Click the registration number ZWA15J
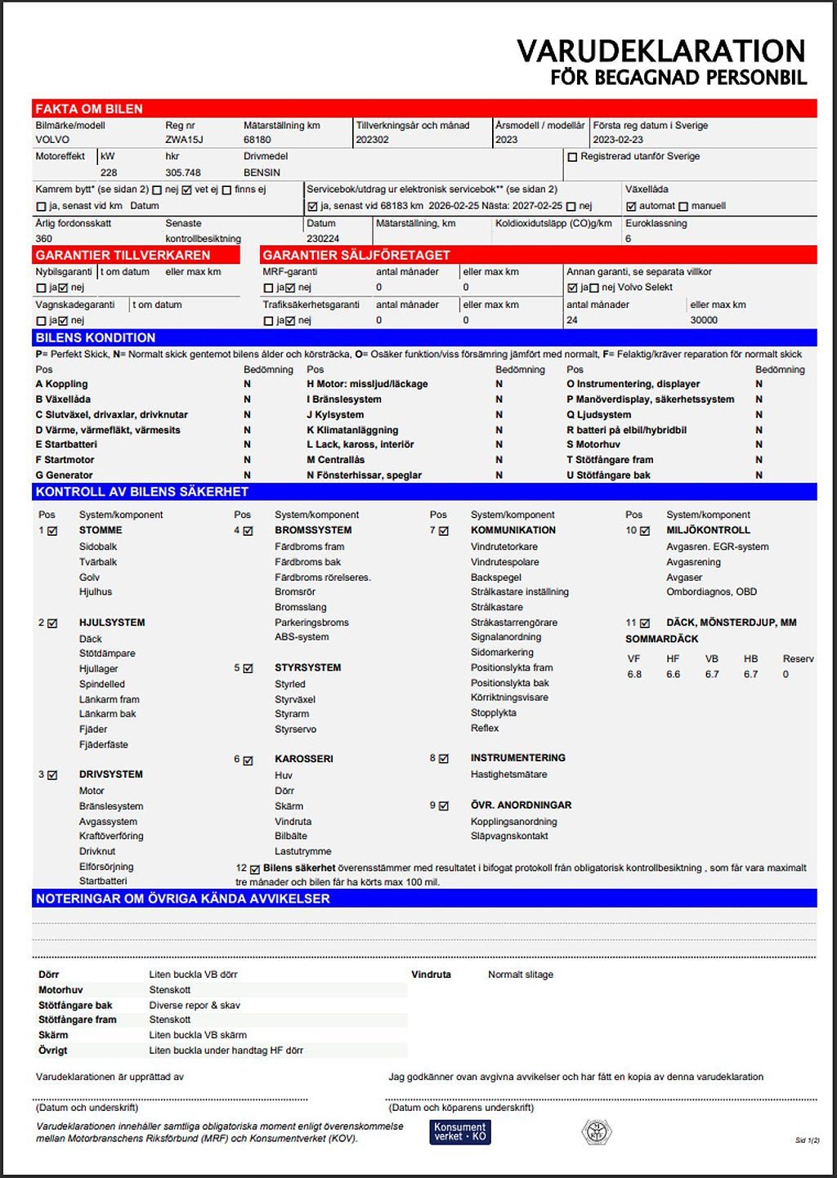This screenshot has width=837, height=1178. click(184, 140)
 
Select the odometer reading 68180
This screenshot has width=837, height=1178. click(257, 140)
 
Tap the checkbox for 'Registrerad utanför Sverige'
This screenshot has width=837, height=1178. click(572, 157)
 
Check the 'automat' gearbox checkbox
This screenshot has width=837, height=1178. click(631, 207)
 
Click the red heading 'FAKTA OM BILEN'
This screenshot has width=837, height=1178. click(89, 109)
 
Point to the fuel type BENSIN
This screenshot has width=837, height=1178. click(262, 172)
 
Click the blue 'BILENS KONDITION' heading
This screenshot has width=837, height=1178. click(96, 337)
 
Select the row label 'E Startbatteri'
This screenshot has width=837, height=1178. click(66, 444)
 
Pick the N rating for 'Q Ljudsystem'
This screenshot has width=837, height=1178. click(759, 414)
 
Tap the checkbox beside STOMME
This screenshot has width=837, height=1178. click(53, 531)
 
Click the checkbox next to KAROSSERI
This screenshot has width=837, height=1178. click(248, 760)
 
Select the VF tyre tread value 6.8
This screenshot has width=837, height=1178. click(634, 674)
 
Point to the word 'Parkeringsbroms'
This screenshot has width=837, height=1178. click(311, 622)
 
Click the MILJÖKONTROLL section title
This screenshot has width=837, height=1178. click(708, 530)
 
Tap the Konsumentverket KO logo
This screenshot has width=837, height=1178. click(460, 1131)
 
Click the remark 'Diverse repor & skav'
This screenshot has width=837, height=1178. click(195, 1005)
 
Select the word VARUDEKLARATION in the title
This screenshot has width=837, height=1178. click(660, 51)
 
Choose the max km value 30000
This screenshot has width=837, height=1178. click(704, 320)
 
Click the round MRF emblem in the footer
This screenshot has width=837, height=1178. click(597, 1131)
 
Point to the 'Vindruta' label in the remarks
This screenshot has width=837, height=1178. click(431, 975)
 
